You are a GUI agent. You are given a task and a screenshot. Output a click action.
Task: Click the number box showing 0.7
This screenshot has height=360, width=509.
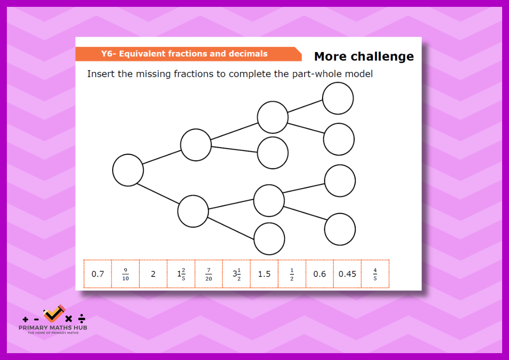pyautogui.click(x=98, y=274)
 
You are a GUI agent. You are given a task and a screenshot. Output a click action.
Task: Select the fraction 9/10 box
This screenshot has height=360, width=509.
pyautogui.click(x=125, y=274)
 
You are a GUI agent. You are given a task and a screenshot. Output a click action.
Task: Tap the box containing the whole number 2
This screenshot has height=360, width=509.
pyautogui.click(x=153, y=274)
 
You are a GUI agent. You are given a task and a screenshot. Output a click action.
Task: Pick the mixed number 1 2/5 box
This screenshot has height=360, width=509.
pyautogui.click(x=181, y=274)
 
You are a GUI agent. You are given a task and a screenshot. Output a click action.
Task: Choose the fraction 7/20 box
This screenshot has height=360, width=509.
pyautogui.click(x=209, y=274)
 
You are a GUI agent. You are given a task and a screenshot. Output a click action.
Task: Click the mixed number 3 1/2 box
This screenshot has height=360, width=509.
pyautogui.click(x=236, y=274)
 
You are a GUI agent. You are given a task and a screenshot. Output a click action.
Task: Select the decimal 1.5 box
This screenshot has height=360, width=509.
pyautogui.click(x=264, y=274)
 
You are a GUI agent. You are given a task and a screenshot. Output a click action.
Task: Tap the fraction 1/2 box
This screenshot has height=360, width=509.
pyautogui.click(x=292, y=274)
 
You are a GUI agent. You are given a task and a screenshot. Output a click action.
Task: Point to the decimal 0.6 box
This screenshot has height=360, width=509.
pyautogui.click(x=320, y=274)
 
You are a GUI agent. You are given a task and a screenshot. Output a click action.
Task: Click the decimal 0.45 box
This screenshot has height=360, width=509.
pyautogui.click(x=347, y=274)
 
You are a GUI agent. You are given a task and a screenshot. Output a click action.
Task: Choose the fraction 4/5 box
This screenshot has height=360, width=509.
pyautogui.click(x=375, y=274)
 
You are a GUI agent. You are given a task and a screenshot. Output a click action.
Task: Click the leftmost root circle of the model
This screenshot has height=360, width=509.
pyautogui.click(x=113, y=170)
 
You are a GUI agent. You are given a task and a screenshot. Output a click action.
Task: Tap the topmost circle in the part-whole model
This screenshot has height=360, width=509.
pyautogui.click(x=323, y=98)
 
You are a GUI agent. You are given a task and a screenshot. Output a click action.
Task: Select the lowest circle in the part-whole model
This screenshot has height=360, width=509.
pyautogui.click(x=254, y=239)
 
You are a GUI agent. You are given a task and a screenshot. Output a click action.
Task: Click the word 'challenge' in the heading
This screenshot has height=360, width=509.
pyautogui.click(x=382, y=56)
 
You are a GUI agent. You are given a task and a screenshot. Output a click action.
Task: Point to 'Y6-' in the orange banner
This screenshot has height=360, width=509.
pyautogui.click(x=109, y=54)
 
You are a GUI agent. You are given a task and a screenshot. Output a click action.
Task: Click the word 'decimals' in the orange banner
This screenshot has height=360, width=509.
pyautogui.click(x=248, y=54)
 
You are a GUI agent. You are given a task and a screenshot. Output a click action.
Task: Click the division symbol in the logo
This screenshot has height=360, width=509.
pyautogui.click(x=81, y=318)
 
